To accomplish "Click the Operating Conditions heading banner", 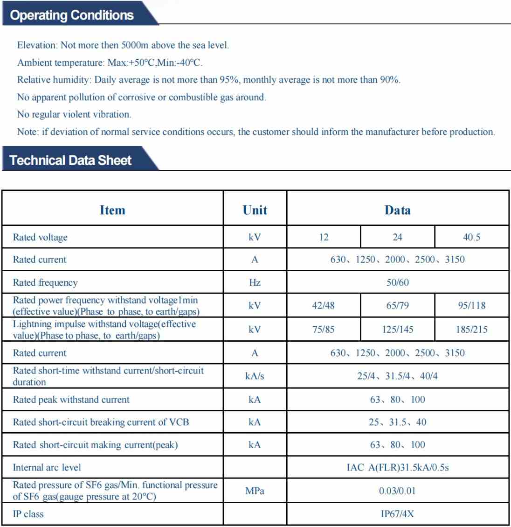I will (x=72, y=15).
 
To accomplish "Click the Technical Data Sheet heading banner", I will (x=70, y=160).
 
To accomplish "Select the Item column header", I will (x=112, y=210).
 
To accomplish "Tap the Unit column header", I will (x=255, y=210).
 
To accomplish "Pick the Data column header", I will (x=397, y=210).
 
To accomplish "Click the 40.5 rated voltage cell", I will (x=471, y=237).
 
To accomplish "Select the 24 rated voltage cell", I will (x=397, y=237).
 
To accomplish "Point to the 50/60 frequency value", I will (x=397, y=282).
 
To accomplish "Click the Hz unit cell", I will (x=255, y=282).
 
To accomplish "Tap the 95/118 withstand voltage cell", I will (x=471, y=306).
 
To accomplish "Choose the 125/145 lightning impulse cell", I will (x=397, y=330).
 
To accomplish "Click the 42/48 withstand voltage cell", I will (x=323, y=306).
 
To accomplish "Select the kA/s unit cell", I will (x=255, y=376).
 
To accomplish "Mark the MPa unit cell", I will (x=255, y=491).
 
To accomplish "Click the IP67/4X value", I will (x=397, y=514).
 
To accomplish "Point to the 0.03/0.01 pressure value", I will (x=397, y=491).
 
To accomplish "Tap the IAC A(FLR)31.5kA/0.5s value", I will (x=397, y=467).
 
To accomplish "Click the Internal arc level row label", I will (x=47, y=467).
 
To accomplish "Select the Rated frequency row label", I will (x=45, y=282).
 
